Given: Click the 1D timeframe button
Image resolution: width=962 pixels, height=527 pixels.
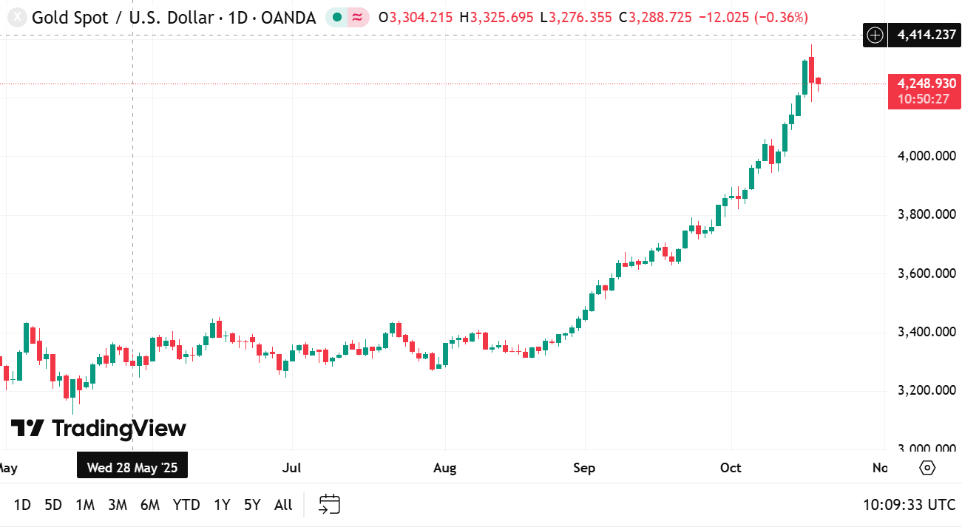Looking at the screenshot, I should tap(22, 505).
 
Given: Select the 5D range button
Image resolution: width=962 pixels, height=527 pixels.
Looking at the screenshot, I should tap(53, 505).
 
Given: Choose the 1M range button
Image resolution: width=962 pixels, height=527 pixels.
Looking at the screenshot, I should tap(85, 505).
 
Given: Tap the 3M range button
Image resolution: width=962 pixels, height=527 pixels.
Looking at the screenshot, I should tap(118, 505).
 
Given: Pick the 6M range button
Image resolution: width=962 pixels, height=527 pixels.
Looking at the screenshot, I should tap(150, 505).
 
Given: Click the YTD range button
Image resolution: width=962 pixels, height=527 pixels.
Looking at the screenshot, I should tap(186, 505).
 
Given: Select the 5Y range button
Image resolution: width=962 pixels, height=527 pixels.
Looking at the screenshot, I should tap(252, 505).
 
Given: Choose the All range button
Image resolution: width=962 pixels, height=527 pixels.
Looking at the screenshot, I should tap(283, 505).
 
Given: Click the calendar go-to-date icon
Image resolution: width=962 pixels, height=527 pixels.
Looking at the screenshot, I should tap(329, 504).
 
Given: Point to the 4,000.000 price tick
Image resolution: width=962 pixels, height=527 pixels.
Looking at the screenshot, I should tap(925, 156).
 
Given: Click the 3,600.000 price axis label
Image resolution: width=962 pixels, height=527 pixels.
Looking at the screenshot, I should tap(925, 273).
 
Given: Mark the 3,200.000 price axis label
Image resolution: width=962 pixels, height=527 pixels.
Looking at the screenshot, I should tap(925, 390).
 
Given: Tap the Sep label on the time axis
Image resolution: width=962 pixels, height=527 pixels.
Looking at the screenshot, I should tap(584, 468).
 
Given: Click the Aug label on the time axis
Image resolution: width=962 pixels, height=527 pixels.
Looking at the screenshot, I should tap(445, 468).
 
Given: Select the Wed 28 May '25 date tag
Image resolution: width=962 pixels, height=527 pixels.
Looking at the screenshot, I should tap(132, 467).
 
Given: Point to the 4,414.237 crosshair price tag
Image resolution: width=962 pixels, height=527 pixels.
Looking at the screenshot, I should tap(927, 34).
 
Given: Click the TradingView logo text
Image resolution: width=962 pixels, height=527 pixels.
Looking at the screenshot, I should tap(98, 428).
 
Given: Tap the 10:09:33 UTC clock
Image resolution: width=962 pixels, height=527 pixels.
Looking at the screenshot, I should tap(910, 505).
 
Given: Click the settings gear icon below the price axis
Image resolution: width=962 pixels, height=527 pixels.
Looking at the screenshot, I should tap(927, 468).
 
